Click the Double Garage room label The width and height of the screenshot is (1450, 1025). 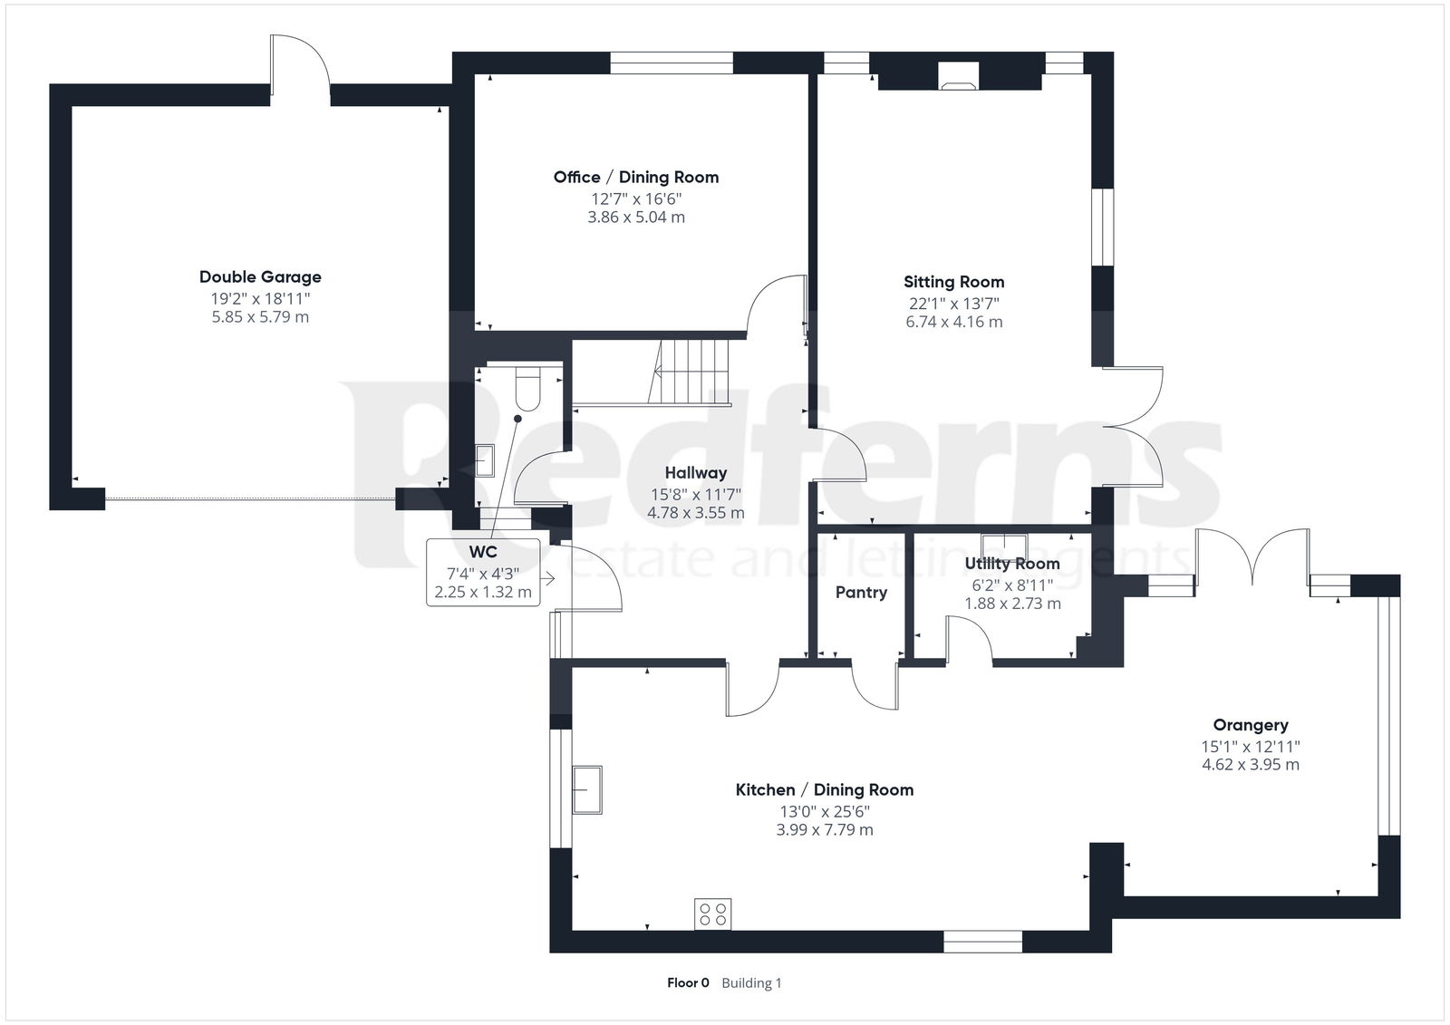coord(260,277)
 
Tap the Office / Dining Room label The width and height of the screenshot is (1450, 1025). coord(635,178)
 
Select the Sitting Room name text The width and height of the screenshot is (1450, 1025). coord(953,283)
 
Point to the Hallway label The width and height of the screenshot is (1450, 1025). coord(695,473)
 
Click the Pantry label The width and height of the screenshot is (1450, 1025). coord(861,593)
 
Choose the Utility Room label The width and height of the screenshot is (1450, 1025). coord(1011,564)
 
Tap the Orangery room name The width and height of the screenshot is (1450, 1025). coord(1250,725)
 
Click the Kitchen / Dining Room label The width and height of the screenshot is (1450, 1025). coord(824,790)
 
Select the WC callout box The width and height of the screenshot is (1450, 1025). coord(483,573)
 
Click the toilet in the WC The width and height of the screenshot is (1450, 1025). coord(528,389)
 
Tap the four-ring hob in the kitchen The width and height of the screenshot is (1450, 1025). coord(712,914)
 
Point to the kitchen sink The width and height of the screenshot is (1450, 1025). coord(587,789)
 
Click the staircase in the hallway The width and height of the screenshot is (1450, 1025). coord(688,372)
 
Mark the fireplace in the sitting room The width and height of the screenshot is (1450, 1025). coord(959,75)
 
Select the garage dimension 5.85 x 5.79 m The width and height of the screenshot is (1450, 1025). coord(260,317)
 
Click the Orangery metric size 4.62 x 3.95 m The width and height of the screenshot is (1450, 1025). coord(1250,765)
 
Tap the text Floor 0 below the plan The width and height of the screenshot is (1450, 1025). coord(688,983)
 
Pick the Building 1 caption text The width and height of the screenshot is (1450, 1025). coord(751,983)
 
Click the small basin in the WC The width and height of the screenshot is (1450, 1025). coord(485,460)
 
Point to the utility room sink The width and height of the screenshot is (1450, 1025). coord(1004,546)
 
